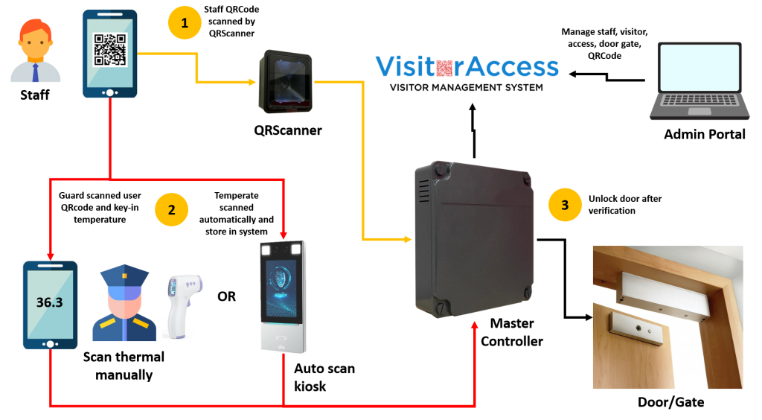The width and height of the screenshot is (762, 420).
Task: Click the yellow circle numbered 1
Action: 185,23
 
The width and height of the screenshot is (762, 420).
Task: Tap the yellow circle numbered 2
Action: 171,209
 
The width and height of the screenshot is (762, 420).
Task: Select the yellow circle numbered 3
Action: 565,205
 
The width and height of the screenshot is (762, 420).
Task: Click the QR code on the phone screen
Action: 109,50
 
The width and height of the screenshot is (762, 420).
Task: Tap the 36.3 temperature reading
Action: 49,303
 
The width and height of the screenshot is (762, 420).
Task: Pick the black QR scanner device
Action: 285,82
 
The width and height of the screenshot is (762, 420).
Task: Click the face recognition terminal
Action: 283,296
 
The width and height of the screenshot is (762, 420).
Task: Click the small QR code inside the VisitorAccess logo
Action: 444,68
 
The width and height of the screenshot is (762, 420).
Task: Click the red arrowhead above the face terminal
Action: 284,235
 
